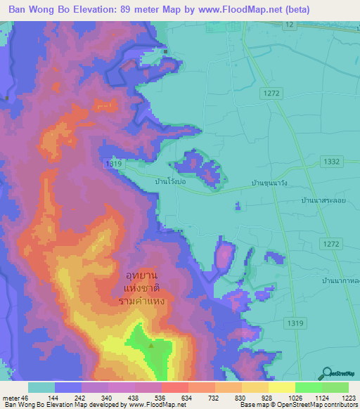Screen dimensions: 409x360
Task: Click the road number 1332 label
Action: tap(333, 162)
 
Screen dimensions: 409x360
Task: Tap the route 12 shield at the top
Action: tap(289, 25)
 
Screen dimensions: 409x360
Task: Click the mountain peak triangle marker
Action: tap(150, 345)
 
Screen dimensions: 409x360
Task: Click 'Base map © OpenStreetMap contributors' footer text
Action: tap(297, 405)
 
